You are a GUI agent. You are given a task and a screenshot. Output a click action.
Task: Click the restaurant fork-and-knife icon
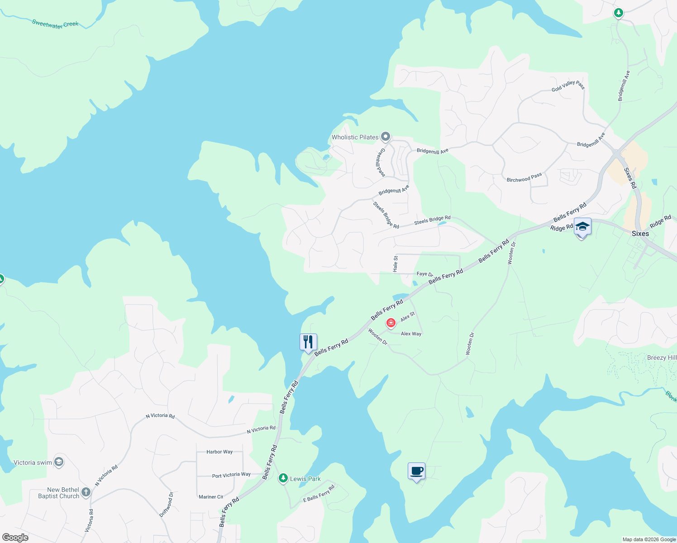point(308,342)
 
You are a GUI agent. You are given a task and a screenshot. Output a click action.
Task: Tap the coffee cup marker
point(416,471)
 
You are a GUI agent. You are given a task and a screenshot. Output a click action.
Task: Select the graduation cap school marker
point(582,227)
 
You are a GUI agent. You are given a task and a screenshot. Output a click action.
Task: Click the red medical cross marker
point(391,323)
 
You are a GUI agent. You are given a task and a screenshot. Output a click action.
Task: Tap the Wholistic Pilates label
point(355,137)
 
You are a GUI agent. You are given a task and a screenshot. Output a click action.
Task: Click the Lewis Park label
point(305,479)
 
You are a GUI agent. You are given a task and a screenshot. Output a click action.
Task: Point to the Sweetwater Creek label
point(55,24)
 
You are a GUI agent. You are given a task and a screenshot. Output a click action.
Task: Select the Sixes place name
point(640,233)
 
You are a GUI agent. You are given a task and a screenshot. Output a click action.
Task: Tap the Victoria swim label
point(33,462)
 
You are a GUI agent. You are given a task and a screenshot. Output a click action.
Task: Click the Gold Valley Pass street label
point(568,86)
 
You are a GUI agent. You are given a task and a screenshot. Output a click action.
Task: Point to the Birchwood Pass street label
point(524,177)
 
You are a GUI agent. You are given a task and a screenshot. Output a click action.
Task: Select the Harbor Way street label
point(219,452)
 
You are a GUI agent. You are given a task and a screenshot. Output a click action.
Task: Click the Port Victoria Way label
point(231,475)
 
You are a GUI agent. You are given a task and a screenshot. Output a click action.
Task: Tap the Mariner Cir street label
point(211,497)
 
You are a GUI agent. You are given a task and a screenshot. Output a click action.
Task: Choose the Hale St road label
point(396,264)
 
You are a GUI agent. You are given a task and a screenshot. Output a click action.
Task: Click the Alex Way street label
point(411,334)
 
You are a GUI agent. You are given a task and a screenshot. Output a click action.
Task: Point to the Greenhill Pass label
point(381,162)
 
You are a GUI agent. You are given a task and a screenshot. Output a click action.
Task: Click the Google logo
point(15,538)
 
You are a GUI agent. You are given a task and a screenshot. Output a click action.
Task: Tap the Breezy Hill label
point(662,357)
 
